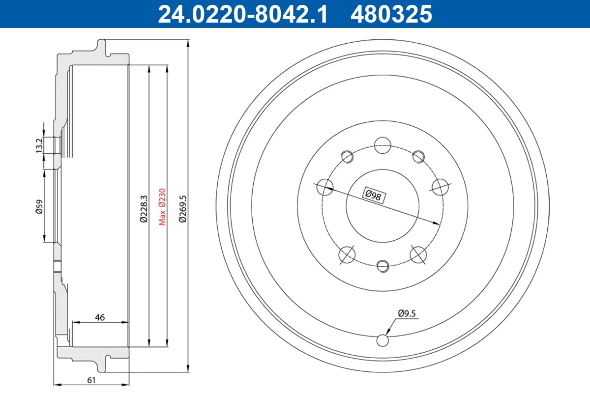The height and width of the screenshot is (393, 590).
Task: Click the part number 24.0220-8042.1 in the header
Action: [242, 14]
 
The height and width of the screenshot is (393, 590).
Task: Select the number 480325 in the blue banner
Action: [391, 14]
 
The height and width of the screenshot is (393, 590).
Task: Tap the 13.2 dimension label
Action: [39, 145]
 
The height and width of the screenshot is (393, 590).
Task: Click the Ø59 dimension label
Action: [39, 207]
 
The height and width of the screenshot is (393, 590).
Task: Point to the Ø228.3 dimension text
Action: [144, 209]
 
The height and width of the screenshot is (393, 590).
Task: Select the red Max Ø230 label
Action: [162, 207]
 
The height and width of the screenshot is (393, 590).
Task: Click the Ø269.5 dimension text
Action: [182, 209]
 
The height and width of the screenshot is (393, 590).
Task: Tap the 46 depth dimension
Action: [100, 317]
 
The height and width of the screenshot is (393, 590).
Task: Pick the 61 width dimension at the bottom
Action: [91, 380]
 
